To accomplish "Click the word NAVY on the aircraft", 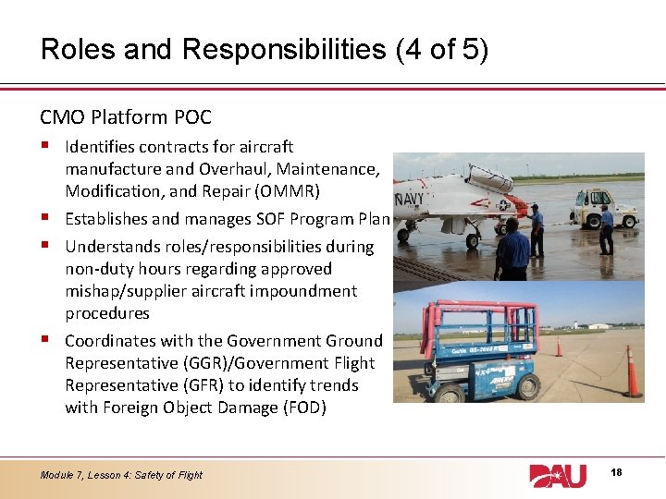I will [409, 199].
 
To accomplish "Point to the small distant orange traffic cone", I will [559, 347].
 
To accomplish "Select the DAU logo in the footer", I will [558, 475].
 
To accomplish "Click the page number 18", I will [617, 473].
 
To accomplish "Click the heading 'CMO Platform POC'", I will [126, 117].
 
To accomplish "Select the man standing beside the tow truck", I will [605, 230].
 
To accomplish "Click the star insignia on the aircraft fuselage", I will [502, 205].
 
